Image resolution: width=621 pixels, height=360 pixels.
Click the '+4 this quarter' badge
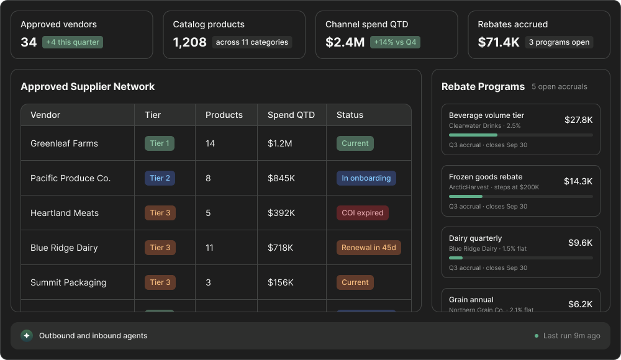[x=73, y=42]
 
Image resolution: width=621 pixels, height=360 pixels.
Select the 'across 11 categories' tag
[x=252, y=42]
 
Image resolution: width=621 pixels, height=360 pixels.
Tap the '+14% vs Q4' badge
[x=395, y=42]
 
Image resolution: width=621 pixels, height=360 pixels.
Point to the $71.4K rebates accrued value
[x=498, y=42]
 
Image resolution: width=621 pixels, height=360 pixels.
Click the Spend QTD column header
[x=291, y=115]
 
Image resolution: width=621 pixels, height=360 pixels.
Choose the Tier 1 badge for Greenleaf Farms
[x=160, y=143]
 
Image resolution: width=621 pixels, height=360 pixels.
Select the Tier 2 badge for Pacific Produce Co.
[x=160, y=178]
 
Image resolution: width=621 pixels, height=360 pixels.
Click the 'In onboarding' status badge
[x=366, y=178]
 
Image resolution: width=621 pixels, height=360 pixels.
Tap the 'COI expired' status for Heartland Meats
[x=363, y=213]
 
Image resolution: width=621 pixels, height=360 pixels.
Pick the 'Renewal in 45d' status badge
[x=369, y=248]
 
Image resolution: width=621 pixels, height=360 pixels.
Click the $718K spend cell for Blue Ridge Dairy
[x=281, y=248]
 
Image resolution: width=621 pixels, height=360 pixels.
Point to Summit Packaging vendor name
[x=68, y=282]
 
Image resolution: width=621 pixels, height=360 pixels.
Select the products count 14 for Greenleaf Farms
[x=210, y=143]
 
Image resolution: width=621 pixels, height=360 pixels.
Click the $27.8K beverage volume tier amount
[x=578, y=120]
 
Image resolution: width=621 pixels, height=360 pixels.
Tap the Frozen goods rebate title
[x=486, y=177]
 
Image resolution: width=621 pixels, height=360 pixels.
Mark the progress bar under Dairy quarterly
[x=521, y=258]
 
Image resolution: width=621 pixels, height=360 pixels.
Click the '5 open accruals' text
[x=560, y=87]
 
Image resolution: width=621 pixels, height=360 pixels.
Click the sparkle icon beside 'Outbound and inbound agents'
[x=27, y=336]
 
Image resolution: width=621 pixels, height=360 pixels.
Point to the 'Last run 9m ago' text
[x=571, y=336]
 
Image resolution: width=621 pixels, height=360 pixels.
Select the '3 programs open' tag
[x=559, y=42]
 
